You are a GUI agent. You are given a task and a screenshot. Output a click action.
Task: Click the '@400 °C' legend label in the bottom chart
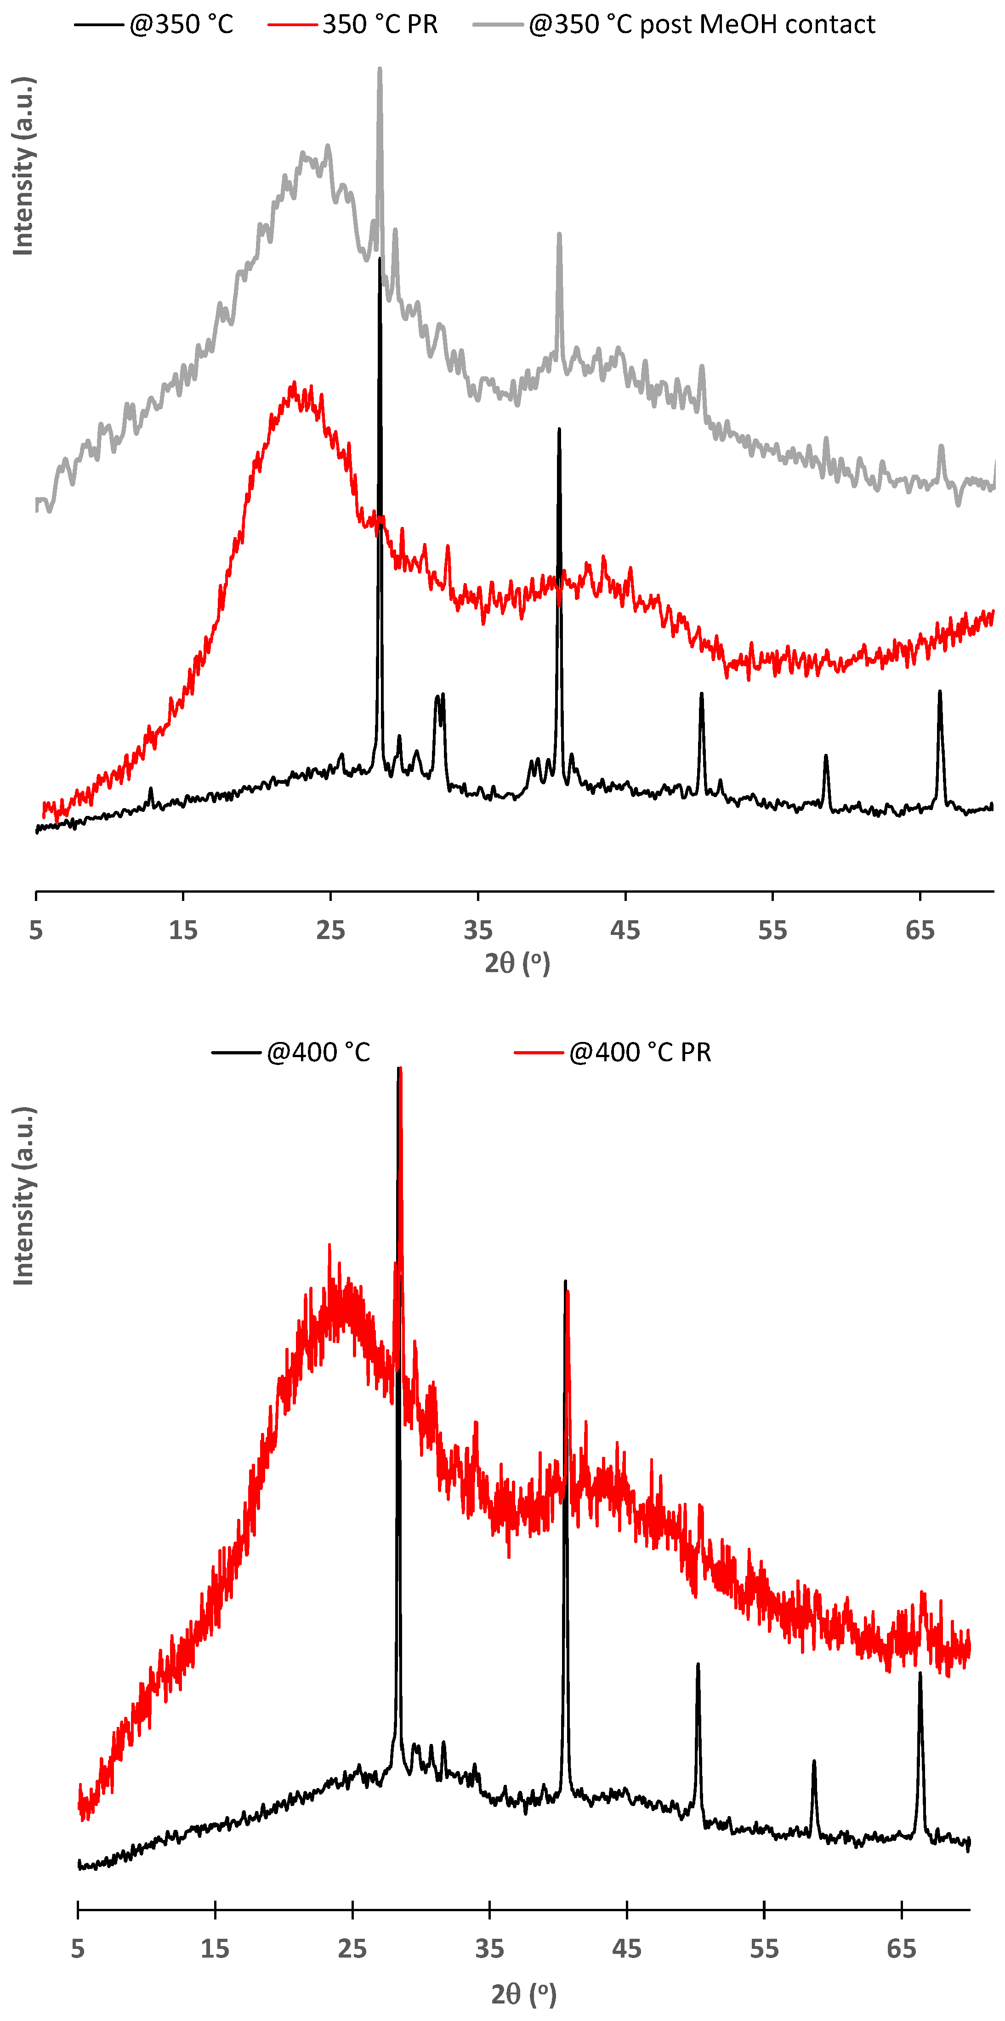tap(318, 1052)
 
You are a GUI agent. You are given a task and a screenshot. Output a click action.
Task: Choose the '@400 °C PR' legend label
tap(640, 1052)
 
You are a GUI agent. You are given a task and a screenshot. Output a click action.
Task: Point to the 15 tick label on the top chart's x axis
tap(183, 930)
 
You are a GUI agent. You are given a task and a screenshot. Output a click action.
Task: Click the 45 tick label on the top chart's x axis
tap(625, 930)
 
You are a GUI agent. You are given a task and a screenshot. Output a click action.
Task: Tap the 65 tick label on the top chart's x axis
tap(920, 930)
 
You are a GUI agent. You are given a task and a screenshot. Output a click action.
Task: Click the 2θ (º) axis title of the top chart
tap(517, 962)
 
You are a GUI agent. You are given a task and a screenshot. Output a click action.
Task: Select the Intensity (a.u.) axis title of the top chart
tap(23, 166)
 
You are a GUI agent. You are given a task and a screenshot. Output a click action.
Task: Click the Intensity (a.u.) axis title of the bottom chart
tap(23, 1196)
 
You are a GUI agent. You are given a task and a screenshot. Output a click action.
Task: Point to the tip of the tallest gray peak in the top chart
tap(380, 69)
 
